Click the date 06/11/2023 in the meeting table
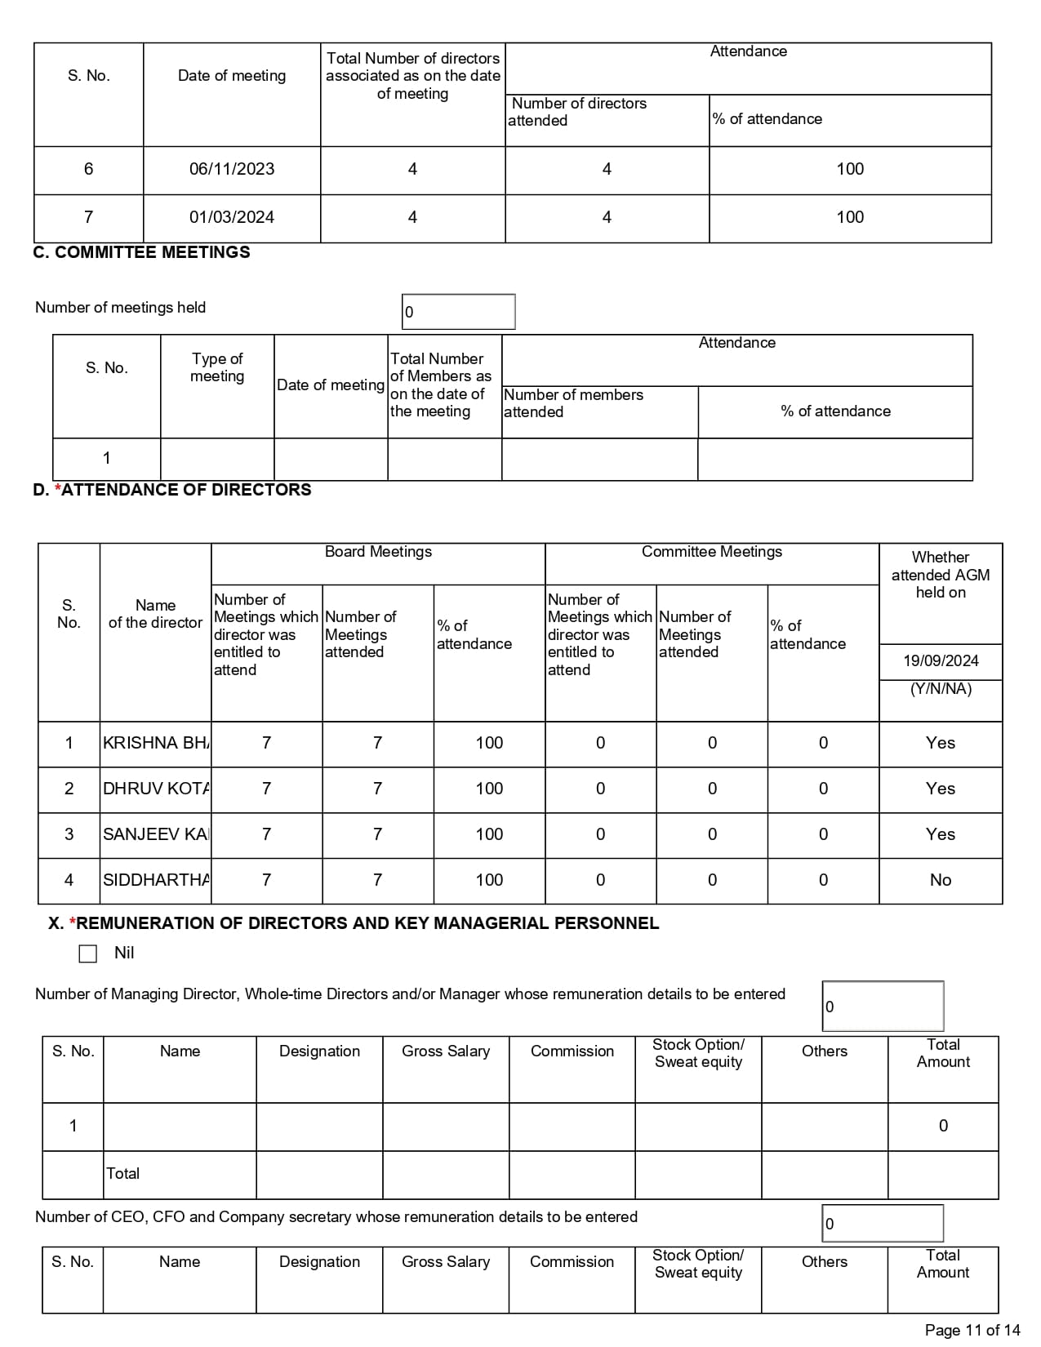pyautogui.click(x=232, y=169)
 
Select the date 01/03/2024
pyautogui.click(x=232, y=217)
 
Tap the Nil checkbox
pyautogui.click(x=88, y=954)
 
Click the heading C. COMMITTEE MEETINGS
pyautogui.click(x=141, y=252)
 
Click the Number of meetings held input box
pyautogui.click(x=458, y=312)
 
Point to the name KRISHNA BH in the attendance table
pyautogui.click(x=155, y=743)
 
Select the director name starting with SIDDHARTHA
pyautogui.click(x=155, y=880)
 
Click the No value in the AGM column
pyautogui.click(x=940, y=880)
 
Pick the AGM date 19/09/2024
pyautogui.click(x=941, y=660)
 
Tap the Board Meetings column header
pyautogui.click(x=378, y=552)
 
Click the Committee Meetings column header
pyautogui.click(x=711, y=552)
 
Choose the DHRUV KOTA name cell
pyautogui.click(x=155, y=789)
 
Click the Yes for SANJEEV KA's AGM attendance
pyautogui.click(x=940, y=834)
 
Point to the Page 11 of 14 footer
pyautogui.click(x=972, y=1330)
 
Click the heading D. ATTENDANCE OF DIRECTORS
pyautogui.click(x=172, y=490)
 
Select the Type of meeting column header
pyautogui.click(x=217, y=367)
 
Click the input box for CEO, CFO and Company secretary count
pyautogui.click(x=883, y=1224)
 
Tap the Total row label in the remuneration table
pyautogui.click(x=123, y=1173)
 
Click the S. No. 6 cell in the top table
pyautogui.click(x=88, y=169)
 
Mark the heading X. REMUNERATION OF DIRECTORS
pyautogui.click(x=354, y=923)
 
